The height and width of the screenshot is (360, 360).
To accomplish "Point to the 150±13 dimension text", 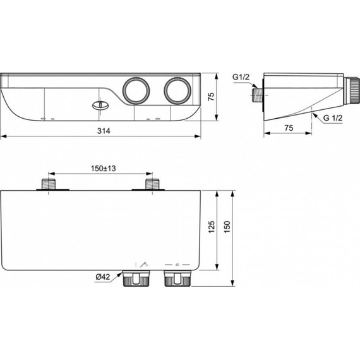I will pos(102,168).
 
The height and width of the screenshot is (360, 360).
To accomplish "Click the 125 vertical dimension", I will pos(212,226).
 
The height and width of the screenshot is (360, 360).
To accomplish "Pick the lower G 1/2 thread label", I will pos(333,118).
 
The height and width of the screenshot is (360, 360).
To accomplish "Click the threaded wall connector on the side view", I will pos(256,96).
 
